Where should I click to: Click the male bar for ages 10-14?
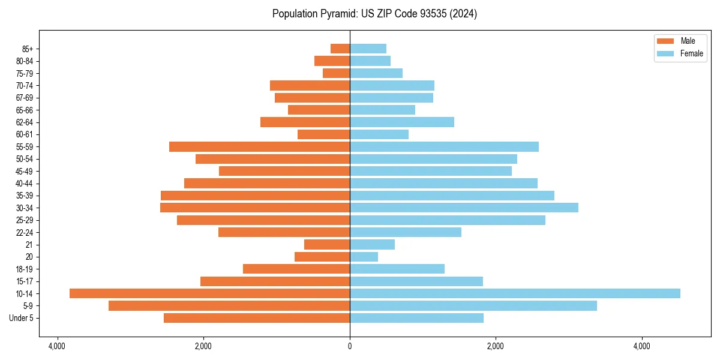[x=209, y=293]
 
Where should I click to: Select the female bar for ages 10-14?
[x=515, y=293]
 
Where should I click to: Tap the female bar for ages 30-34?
[x=464, y=208]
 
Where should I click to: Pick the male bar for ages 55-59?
[x=259, y=146]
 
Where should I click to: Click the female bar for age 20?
[x=364, y=257]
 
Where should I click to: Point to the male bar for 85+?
[x=340, y=49]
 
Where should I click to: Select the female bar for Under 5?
[x=416, y=318]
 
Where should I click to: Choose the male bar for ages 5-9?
[x=229, y=305]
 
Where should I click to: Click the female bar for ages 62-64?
[x=402, y=122]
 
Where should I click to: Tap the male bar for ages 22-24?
[x=284, y=232]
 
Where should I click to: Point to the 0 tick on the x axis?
[x=350, y=346]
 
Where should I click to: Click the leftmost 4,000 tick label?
[x=58, y=346]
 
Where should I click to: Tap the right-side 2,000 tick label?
[x=496, y=346]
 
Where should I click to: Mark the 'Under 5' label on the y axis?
[x=22, y=318]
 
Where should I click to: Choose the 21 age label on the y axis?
[x=29, y=245]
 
